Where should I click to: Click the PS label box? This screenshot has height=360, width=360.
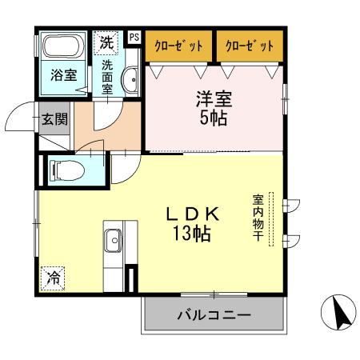pyautogui.click(x=133, y=37)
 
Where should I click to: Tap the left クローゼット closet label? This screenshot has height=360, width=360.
pyautogui.click(x=178, y=46)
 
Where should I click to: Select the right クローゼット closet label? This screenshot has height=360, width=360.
pyautogui.click(x=250, y=46)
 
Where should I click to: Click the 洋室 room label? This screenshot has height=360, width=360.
pyautogui.click(x=214, y=100)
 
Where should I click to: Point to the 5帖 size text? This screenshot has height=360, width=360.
pyautogui.click(x=214, y=118)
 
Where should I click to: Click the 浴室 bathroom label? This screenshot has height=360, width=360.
pyautogui.click(x=63, y=78)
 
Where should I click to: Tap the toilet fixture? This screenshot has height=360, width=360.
pyautogui.click(x=63, y=170)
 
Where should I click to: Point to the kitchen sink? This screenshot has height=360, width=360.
pyautogui.click(x=114, y=238)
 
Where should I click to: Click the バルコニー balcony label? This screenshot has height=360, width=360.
pyautogui.click(x=214, y=314)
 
